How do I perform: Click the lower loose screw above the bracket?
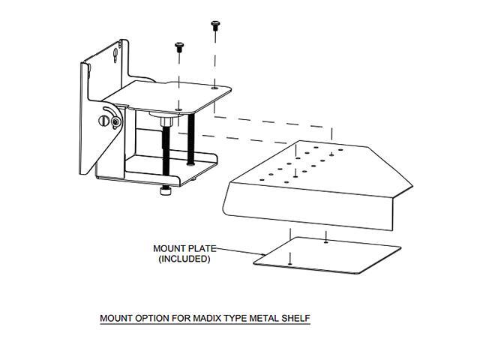point(179,48)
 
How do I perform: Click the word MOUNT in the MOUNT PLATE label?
point(168,248)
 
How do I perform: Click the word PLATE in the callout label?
point(202,248)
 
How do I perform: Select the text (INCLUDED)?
point(184,259)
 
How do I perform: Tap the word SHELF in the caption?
point(295,318)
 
